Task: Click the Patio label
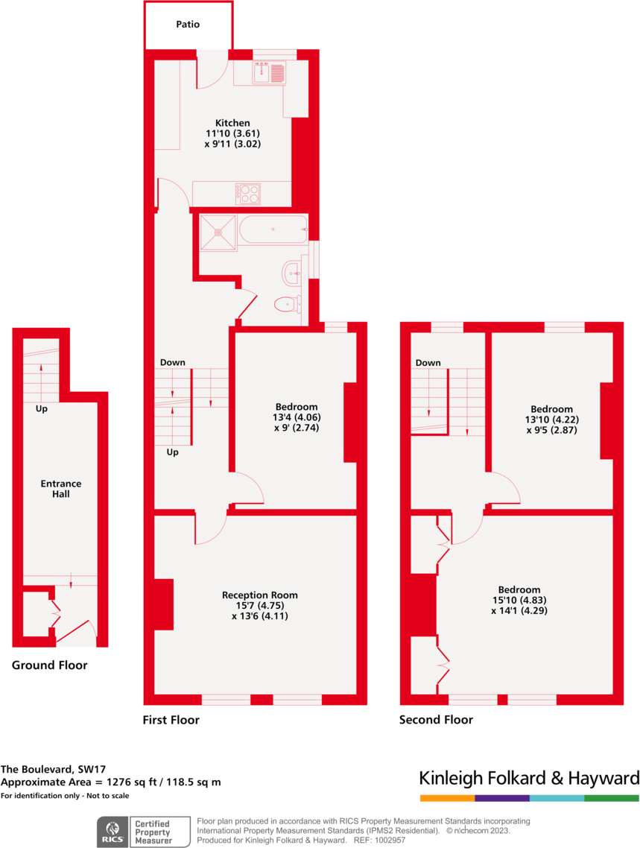188,25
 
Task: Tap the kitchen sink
269,73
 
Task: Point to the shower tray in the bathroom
218,232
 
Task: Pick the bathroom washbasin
291,273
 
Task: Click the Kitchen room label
232,123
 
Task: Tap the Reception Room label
259,595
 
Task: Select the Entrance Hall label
61,489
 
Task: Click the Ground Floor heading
49,665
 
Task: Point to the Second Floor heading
436,720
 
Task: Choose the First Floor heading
171,720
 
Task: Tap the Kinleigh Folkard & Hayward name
529,779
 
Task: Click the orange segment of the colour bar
447,798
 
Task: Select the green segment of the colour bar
612,798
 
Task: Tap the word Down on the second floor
428,363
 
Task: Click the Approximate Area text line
111,782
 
